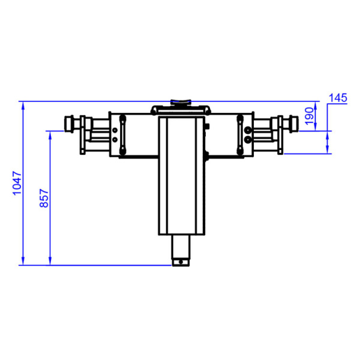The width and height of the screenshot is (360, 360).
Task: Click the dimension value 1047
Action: pyautogui.click(x=17, y=183)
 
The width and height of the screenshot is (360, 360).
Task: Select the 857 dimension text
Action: pyautogui.click(x=44, y=199)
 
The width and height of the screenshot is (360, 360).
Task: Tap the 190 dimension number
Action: pyautogui.click(x=309, y=116)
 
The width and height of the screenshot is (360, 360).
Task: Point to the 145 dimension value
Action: pyautogui.click(x=338, y=98)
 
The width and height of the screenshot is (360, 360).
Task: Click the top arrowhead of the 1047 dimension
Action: pyautogui.click(x=23, y=105)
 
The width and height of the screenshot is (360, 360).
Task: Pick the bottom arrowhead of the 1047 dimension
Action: pyautogui.click(x=23, y=261)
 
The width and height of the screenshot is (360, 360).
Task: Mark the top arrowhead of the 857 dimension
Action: pyautogui.click(x=50, y=135)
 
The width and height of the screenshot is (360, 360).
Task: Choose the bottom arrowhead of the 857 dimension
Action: pyautogui.click(x=50, y=261)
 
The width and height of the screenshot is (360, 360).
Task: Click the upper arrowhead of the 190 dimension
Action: pyautogui.click(x=315, y=105)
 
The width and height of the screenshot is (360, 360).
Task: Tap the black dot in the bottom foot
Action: pyautogui.click(x=181, y=262)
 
